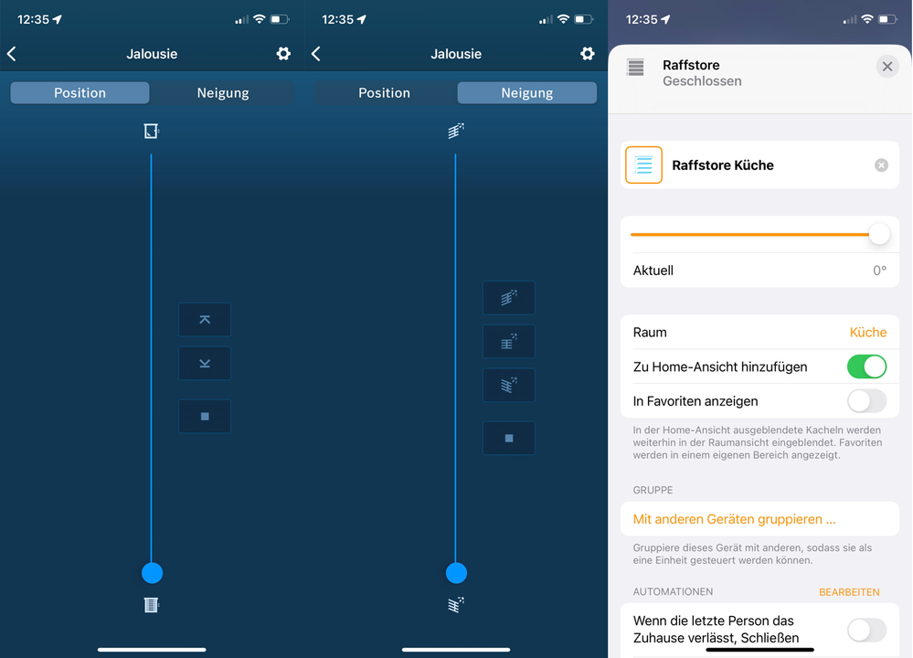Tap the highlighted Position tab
(80, 92)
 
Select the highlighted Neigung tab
(527, 92)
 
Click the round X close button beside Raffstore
(886, 67)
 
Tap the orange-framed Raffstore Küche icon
(643, 164)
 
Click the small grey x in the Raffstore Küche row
(881, 165)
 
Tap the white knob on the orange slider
(879, 234)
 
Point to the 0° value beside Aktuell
(879, 271)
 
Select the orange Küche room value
(867, 332)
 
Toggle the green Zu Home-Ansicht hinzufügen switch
(866, 366)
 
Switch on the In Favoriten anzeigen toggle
(866, 401)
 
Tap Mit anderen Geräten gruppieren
(734, 519)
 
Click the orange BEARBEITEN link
(849, 592)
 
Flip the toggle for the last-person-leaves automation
(866, 630)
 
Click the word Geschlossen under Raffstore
(702, 81)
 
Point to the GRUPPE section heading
(653, 490)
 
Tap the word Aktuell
(653, 271)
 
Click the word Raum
(650, 332)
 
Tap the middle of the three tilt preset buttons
(508, 341)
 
